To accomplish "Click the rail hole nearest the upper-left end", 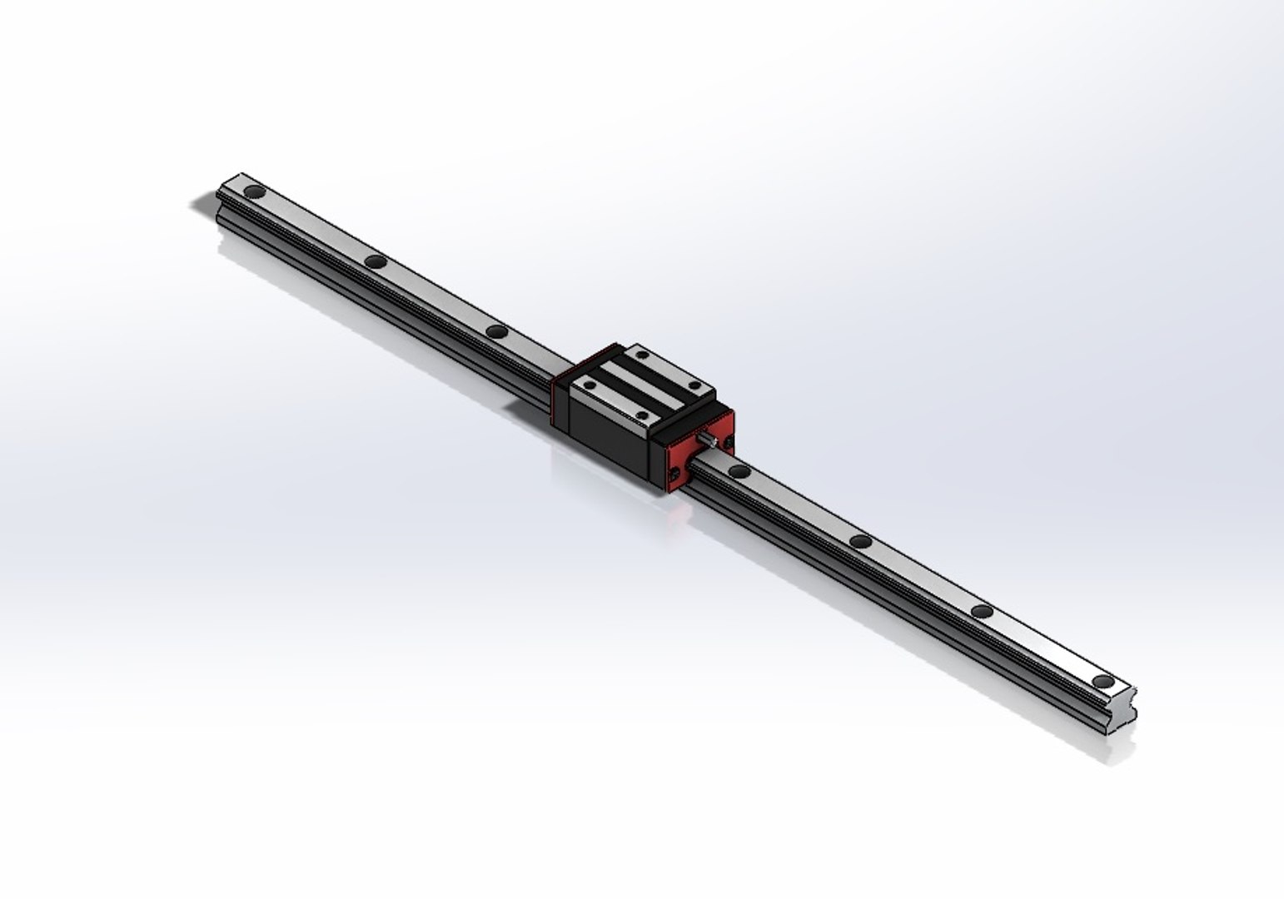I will pos(254,193).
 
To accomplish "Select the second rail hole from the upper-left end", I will pos(376,262).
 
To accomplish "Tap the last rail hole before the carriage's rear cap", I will pos(497,332).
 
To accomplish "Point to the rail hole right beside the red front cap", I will pos(738,472).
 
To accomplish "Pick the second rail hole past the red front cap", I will pos(861,542).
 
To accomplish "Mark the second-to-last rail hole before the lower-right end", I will pos(983,612).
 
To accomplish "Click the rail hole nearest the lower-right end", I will pos(1104,682).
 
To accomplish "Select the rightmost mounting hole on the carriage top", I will pos(694,385).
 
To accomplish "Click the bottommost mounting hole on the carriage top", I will pos(642,415).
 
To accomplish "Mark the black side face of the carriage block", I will pos(612,441).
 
